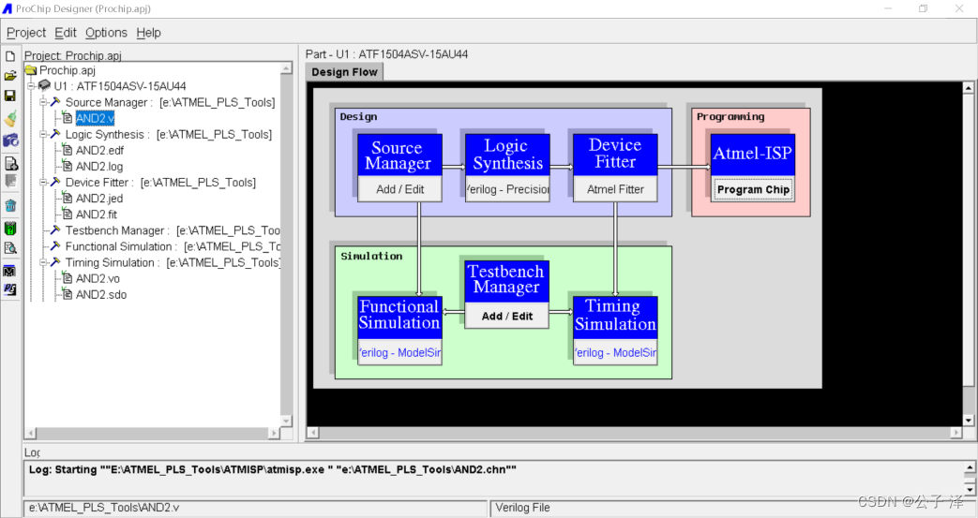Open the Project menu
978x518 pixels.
(26, 33)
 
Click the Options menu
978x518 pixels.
(106, 33)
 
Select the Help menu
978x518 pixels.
(148, 33)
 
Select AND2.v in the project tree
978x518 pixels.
(95, 118)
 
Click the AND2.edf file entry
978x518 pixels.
(99, 150)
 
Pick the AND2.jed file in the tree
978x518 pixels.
(99, 199)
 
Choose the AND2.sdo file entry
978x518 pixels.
(100, 295)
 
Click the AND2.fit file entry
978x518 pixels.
(97, 215)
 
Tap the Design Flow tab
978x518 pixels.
(344, 72)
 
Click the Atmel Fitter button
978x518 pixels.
(615, 189)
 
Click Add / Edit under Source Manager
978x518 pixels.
(399, 189)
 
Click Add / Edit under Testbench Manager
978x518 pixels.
(506, 317)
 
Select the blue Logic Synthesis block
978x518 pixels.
(507, 155)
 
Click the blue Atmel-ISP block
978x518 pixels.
(752, 154)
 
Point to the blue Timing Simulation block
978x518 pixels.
(615, 316)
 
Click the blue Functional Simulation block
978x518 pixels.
(399, 316)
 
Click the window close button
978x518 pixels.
(958, 8)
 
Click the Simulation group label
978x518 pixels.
(371, 256)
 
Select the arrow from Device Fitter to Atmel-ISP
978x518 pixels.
(683, 168)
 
